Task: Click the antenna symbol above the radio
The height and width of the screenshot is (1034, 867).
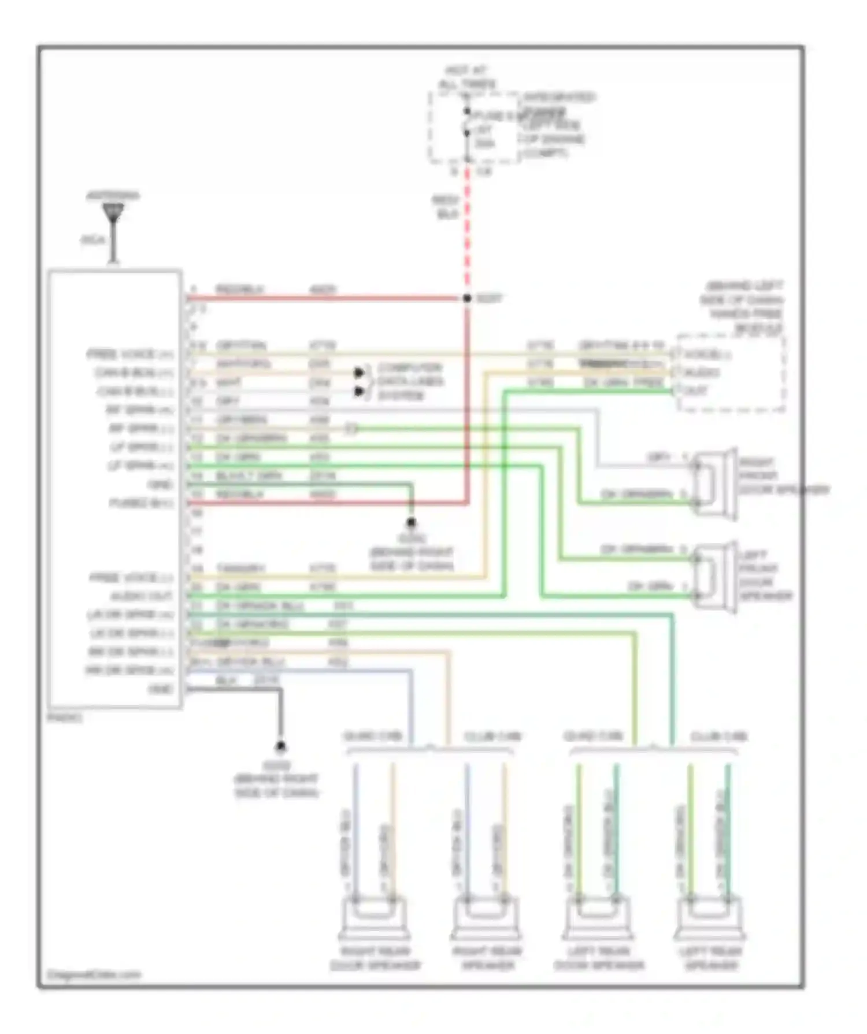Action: pos(113,213)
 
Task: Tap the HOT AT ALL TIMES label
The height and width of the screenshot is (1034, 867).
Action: pos(467,77)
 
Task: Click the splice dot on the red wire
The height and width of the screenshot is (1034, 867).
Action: pos(467,298)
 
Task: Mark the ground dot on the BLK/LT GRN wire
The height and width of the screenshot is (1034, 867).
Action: pos(411,523)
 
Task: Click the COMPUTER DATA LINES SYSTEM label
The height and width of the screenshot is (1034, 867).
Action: pos(410,381)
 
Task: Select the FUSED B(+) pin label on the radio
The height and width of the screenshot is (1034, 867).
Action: pos(141,503)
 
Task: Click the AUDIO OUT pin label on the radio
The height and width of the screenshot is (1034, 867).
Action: pos(141,596)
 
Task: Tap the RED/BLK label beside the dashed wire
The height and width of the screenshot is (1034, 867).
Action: pos(446,207)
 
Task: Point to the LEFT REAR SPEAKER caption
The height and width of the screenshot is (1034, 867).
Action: pos(711,958)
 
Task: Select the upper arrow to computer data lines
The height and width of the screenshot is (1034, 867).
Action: pos(360,372)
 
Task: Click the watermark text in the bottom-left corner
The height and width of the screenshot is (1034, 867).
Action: pos(94,975)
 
